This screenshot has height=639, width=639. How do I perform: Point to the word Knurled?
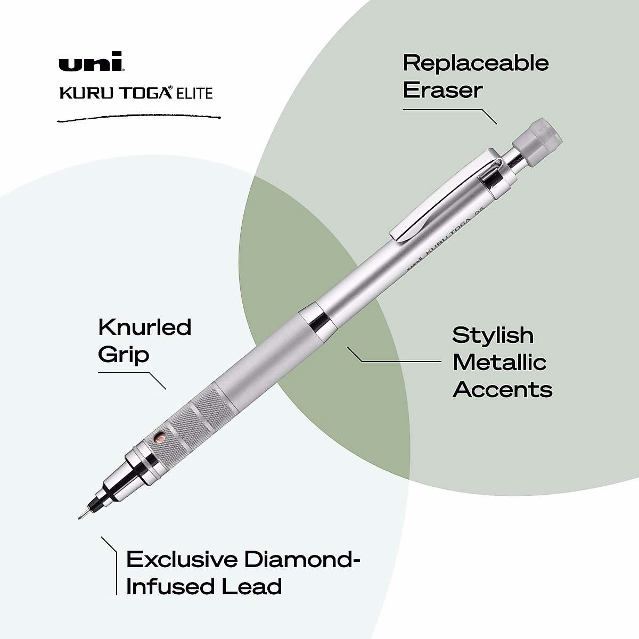click(144, 327)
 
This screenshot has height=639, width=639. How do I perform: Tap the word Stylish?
click(493, 335)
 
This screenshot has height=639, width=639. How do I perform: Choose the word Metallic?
click(499, 363)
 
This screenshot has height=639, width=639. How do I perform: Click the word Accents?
click(502, 390)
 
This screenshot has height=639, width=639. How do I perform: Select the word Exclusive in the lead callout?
click(182, 560)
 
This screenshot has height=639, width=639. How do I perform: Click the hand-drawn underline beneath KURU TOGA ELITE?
click(138, 118)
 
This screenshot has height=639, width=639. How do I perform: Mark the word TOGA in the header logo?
click(147, 94)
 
